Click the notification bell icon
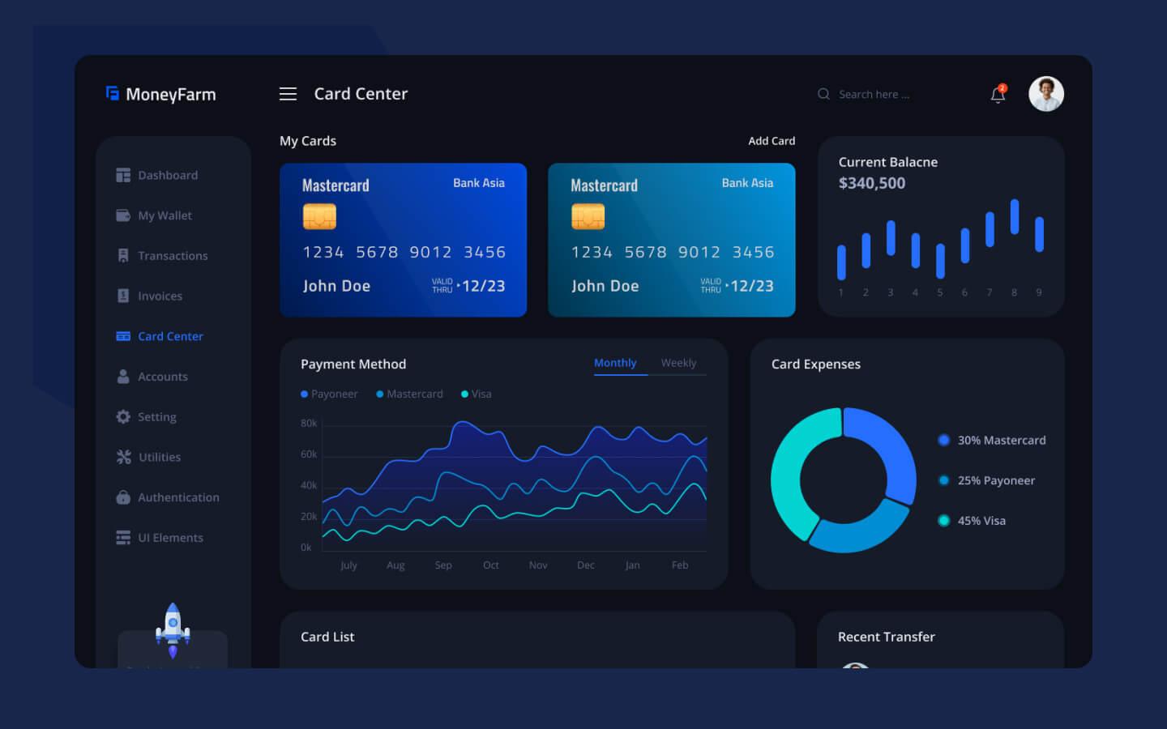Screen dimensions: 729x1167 coord(998,95)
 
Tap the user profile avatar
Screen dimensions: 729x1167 coord(1045,94)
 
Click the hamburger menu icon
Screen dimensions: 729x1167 coord(288,94)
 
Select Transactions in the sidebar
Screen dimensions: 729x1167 coord(172,256)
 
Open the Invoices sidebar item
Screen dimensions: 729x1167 coord(160,296)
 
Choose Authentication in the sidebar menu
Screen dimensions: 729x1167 coord(177,497)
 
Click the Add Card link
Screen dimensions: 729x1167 coord(771,141)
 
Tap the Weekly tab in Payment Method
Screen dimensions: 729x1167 coord(678,363)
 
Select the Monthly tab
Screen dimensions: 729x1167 coord(615,363)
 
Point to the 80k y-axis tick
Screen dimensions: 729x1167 coord(309,423)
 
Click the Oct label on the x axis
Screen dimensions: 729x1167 coord(490,565)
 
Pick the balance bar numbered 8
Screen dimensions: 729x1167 coord(1014,217)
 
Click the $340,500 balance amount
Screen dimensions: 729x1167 coord(872,183)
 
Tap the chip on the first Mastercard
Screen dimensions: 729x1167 coord(319,216)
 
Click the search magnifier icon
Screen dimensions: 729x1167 coord(823,94)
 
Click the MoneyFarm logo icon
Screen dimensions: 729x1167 coord(113,94)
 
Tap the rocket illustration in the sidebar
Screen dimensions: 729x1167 coord(173,629)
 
